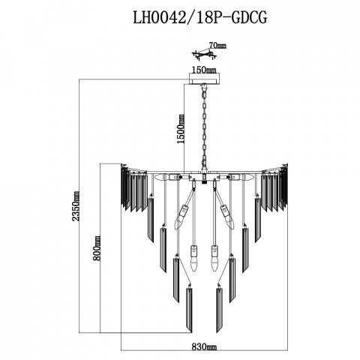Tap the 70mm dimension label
click(217, 46)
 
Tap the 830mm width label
click(204, 347)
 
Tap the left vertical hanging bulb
click(193, 259)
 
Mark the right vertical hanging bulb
click(214, 259)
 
